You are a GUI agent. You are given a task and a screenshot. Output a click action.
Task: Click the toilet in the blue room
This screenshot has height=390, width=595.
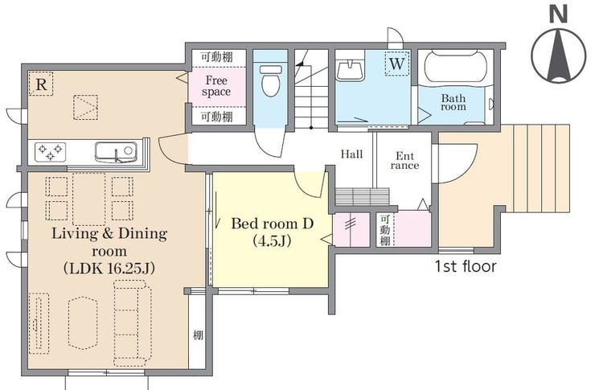[271, 80]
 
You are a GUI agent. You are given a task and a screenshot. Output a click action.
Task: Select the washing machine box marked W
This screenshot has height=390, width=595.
[397, 63]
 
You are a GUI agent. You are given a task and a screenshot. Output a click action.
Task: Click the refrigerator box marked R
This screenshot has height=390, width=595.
[41, 84]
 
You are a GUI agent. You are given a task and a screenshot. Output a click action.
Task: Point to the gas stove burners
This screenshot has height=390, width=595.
[50, 152]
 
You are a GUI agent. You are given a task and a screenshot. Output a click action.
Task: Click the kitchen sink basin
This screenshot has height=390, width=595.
[115, 152]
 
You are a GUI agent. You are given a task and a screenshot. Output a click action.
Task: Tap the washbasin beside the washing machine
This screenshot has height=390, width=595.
[350, 70]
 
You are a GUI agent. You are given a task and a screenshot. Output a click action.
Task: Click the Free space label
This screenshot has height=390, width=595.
[216, 86]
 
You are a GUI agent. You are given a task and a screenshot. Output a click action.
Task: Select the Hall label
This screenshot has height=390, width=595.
[351, 154]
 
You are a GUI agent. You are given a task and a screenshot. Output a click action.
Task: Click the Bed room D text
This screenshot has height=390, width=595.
[272, 224]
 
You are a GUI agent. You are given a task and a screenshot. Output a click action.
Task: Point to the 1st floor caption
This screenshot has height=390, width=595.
[466, 266]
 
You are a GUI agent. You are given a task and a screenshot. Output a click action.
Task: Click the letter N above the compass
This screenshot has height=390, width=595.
[558, 15]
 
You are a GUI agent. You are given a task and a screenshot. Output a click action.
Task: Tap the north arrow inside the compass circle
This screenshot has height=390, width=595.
[559, 57]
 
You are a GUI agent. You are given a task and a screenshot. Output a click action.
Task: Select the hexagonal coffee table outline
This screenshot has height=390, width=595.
[82, 322]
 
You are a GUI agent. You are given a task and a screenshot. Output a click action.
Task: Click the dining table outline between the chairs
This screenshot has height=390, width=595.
[88, 199]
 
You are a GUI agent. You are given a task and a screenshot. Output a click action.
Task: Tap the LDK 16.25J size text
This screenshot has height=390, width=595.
[109, 269]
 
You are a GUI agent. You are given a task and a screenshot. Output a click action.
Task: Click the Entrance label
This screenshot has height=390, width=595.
[404, 161]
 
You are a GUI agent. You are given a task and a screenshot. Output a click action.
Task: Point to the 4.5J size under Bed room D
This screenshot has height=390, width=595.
[272, 240]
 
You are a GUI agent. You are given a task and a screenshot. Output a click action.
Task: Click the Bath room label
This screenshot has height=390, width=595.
[453, 102]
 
